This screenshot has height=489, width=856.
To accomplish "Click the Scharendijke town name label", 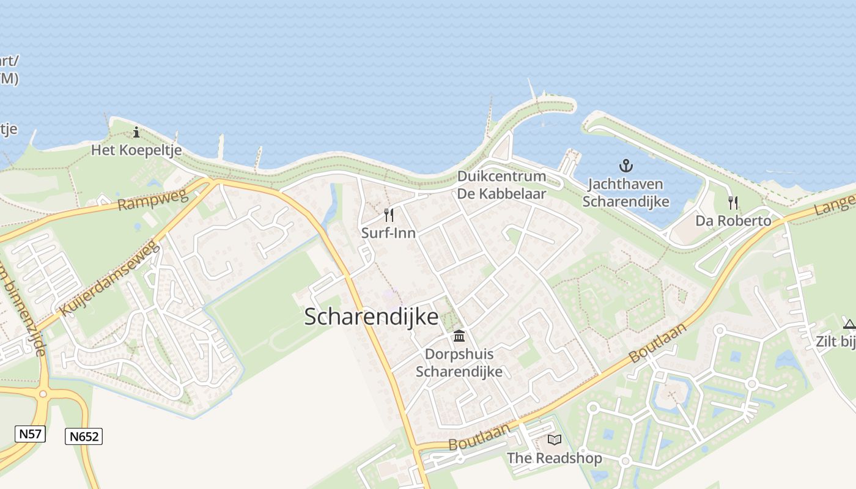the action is [x=371, y=317].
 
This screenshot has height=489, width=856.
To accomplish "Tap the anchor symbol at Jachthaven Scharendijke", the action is [x=625, y=165].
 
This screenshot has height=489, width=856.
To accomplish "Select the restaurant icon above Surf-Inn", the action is [x=388, y=215].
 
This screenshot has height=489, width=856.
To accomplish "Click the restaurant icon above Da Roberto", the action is [x=733, y=203].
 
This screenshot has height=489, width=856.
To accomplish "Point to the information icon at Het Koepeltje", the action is [x=136, y=132].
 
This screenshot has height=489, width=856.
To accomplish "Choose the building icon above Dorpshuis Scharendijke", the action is [x=459, y=336].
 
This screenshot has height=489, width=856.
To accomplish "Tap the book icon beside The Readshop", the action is [x=555, y=439].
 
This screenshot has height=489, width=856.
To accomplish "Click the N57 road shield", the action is [x=30, y=434].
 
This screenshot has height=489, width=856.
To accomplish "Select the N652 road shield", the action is [x=83, y=436].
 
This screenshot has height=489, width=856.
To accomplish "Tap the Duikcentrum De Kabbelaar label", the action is [x=501, y=185].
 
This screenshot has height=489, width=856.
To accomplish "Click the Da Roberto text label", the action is [x=733, y=221].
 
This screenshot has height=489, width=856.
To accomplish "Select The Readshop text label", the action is [x=554, y=458].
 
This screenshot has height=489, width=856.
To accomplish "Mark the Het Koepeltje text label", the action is [x=136, y=150].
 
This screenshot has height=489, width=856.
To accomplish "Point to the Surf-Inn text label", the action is [x=388, y=233].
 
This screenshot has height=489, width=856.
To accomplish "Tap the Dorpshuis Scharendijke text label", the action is [x=459, y=362].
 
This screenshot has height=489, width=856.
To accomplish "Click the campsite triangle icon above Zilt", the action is [x=849, y=324].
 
